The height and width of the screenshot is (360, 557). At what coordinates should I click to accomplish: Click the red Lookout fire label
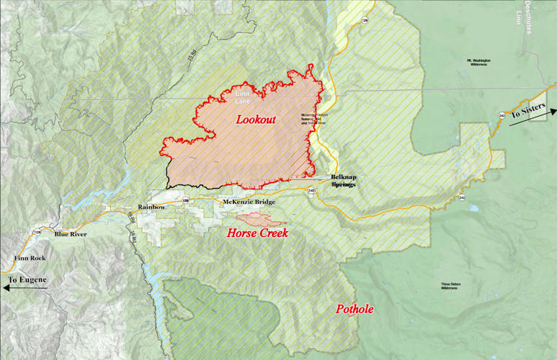click(256, 120)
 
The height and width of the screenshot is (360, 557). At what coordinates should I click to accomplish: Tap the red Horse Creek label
click(257, 233)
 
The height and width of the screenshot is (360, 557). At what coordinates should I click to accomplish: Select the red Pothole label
click(355, 310)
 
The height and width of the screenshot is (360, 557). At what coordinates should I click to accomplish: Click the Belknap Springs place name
click(343, 181)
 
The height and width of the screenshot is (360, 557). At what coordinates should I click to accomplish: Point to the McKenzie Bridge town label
click(249, 202)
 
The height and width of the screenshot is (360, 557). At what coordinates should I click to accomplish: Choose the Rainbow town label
click(152, 207)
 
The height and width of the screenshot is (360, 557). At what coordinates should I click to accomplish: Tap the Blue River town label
click(70, 234)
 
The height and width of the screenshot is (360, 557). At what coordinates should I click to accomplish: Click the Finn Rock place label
click(28, 258)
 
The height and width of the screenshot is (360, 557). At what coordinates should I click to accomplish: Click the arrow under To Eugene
click(25, 288)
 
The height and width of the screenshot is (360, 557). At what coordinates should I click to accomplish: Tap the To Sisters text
click(528, 113)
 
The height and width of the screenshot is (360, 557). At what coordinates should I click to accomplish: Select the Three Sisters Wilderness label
click(450, 286)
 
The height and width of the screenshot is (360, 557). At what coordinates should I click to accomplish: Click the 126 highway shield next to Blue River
click(37, 232)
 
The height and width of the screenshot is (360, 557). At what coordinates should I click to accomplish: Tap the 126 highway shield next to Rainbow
click(185, 201)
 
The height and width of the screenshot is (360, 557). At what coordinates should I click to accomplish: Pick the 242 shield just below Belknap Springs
click(311, 191)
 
